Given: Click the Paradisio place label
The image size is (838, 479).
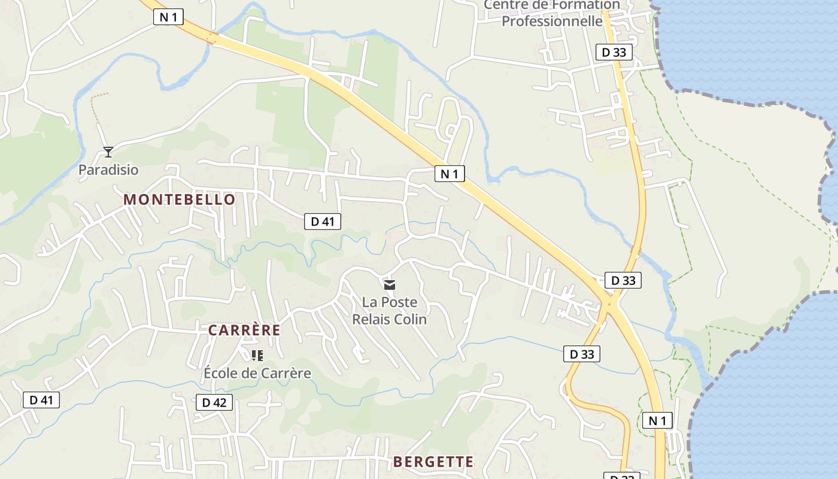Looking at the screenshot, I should (x=108, y=170).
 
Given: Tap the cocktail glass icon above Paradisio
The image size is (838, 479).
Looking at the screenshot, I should (x=108, y=152).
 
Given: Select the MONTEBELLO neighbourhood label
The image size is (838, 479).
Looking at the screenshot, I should (x=180, y=200).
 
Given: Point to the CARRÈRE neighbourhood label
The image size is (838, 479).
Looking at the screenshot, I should (x=244, y=331).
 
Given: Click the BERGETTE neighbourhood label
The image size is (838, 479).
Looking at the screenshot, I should (x=433, y=462).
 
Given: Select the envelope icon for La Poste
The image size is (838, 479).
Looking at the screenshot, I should (x=390, y=285).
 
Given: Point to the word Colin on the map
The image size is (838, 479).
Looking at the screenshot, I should (x=410, y=319).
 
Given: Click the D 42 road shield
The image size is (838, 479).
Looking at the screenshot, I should (x=214, y=402).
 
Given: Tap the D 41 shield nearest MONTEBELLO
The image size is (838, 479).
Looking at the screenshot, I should (x=323, y=222).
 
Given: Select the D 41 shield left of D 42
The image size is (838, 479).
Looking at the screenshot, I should (x=41, y=400).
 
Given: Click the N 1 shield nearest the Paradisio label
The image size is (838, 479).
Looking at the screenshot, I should (x=168, y=17).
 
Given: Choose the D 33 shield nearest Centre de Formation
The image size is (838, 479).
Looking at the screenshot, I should (x=614, y=52).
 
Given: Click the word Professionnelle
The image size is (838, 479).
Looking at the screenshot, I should (x=552, y=22).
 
